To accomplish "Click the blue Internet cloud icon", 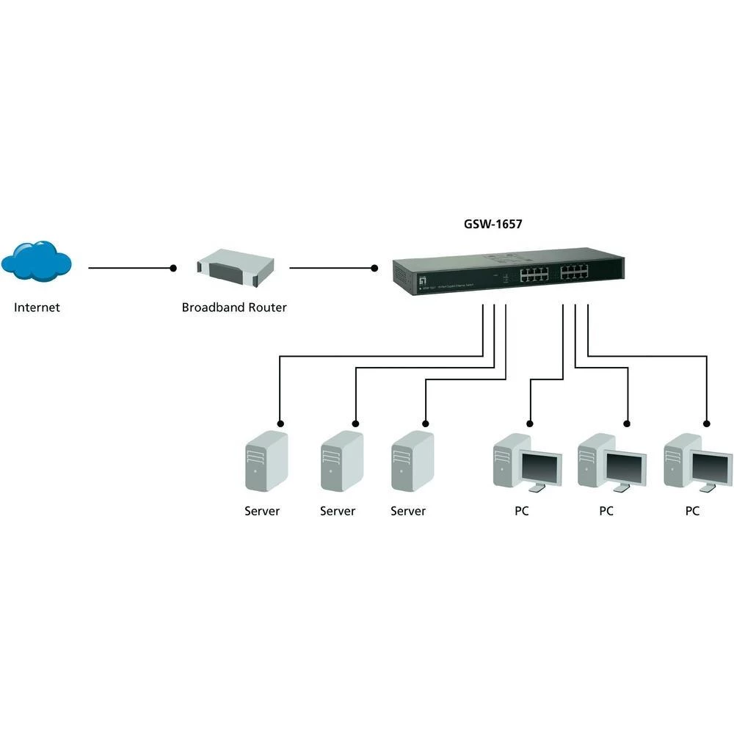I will point(36,261).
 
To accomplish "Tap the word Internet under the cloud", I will point(37,308).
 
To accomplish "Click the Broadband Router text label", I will point(234,308).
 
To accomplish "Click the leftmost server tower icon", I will point(266,462).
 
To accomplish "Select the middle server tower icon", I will point(341,462).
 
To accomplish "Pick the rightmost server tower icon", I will point(412,462).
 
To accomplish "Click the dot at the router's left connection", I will point(174,268).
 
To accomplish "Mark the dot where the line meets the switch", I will point(374,268).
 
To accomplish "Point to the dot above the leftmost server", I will point(279,423).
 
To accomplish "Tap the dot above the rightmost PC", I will point(707,423).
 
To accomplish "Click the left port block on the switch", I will point(535,275).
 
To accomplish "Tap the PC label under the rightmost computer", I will point(692,511).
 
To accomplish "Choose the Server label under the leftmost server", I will point(262,511).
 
